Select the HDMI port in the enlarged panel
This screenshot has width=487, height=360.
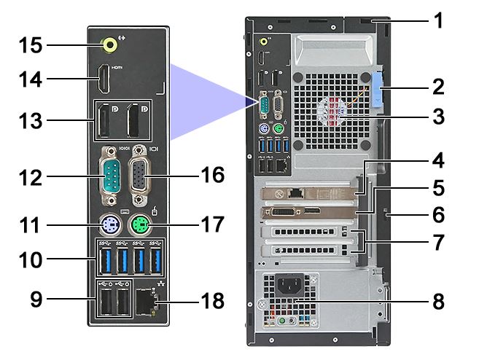tap(106, 78)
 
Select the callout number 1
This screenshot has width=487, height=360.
tap(437, 20)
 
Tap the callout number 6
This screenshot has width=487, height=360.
tap(437, 215)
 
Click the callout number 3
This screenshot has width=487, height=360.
tap(437, 115)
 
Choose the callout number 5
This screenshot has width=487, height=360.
tap(437, 187)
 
